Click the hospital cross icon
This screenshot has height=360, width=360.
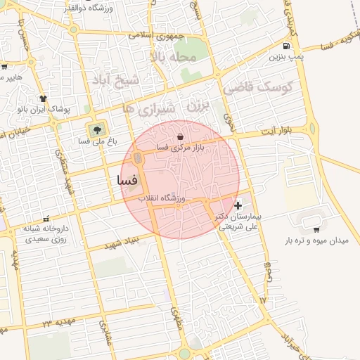tap(238, 206)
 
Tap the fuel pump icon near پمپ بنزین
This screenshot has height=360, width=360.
tap(284, 46)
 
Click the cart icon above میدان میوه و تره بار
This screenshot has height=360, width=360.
tap(316, 229)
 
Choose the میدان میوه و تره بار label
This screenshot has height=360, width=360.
tap(316, 240)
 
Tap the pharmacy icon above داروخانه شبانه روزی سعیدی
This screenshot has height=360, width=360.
tap(46, 219)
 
